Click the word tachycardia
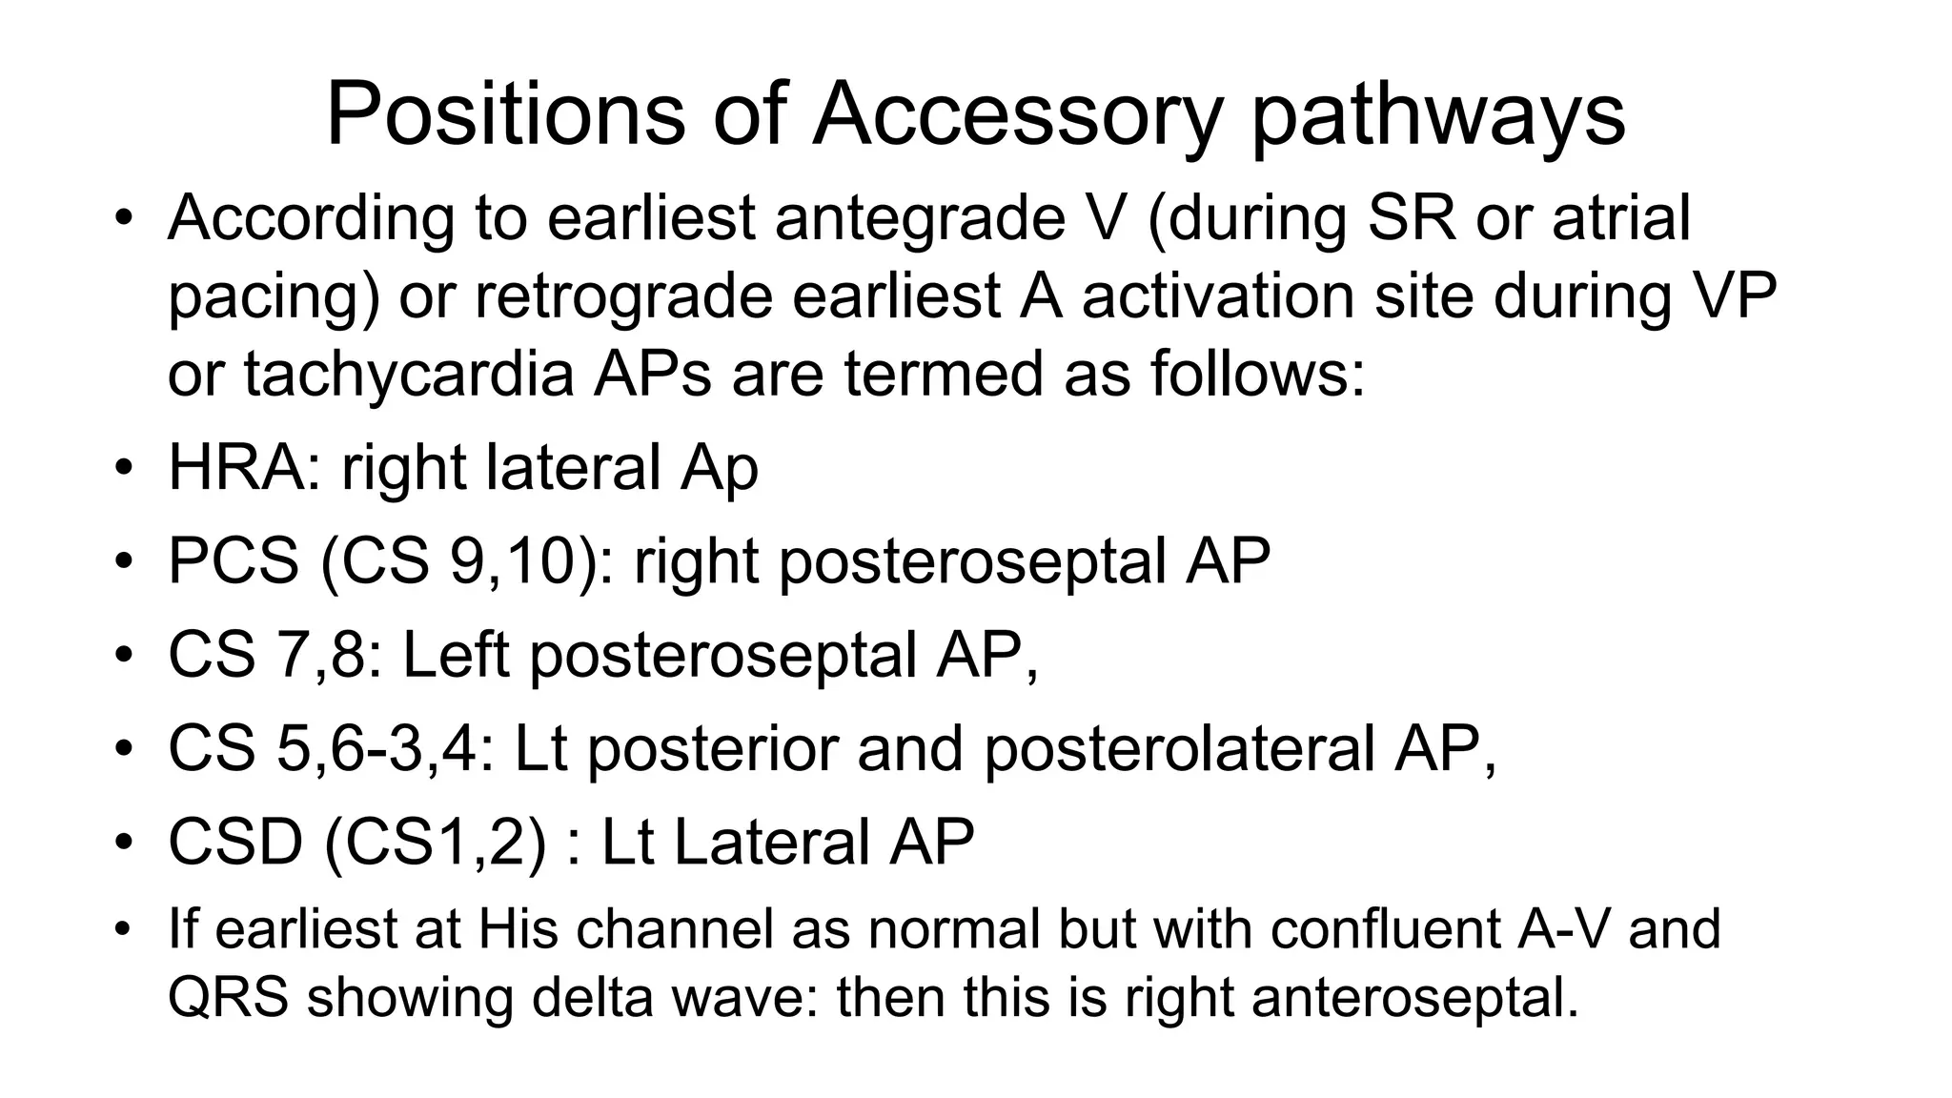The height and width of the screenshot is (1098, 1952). (x=408, y=374)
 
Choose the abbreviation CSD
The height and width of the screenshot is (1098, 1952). (x=235, y=842)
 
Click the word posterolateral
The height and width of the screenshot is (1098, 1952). (x=1178, y=748)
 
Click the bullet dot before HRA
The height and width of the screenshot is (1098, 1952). (x=121, y=468)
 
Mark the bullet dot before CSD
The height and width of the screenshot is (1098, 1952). (x=121, y=843)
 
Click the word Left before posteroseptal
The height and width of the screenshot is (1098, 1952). (x=456, y=655)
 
